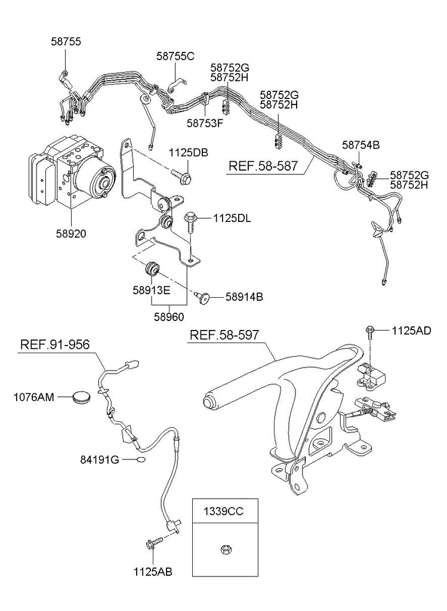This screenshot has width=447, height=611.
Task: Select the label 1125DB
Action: [x=188, y=153]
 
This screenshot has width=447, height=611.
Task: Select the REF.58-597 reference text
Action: [x=224, y=335]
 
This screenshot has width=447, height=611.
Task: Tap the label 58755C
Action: [x=175, y=56]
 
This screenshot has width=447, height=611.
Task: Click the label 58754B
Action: [x=360, y=144]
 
